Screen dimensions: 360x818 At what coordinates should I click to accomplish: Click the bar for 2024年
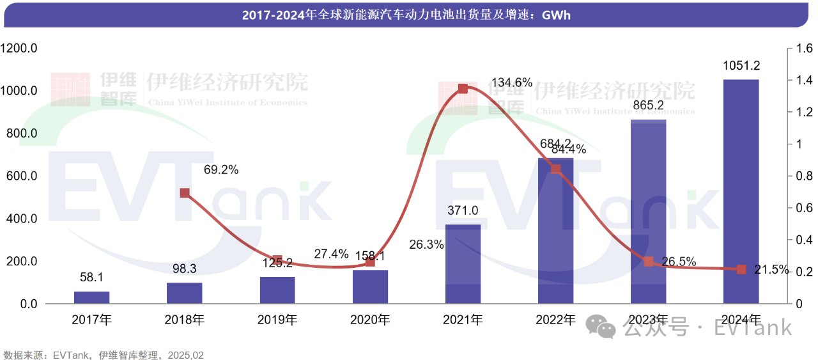point(741,191)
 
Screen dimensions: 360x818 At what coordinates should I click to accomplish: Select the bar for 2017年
point(91,297)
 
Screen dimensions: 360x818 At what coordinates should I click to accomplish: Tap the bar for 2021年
point(463,263)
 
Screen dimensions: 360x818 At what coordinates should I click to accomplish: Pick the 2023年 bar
point(648,211)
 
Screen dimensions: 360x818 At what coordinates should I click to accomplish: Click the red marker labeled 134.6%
point(463,89)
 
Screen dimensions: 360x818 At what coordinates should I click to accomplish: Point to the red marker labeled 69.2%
point(185,193)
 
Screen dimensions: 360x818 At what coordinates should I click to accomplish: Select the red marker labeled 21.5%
point(741,269)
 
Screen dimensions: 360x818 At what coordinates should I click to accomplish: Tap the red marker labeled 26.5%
point(648,262)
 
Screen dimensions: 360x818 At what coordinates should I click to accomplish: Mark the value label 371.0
point(463,210)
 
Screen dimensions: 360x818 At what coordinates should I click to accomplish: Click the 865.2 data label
point(648,106)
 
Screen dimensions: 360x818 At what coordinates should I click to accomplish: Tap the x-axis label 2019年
point(277,320)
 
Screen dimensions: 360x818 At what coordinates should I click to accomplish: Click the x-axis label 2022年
point(555,320)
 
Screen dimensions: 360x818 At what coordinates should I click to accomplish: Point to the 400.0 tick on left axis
point(21,219)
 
